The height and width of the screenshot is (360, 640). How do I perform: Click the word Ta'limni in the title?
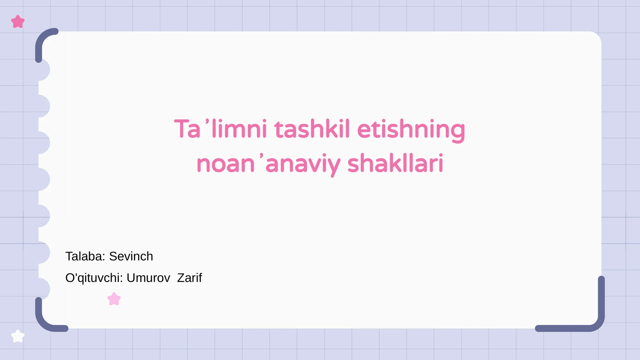coord(220,129)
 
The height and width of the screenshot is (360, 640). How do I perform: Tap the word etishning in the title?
coord(411,130)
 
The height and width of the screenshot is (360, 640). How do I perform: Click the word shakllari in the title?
coord(395,164)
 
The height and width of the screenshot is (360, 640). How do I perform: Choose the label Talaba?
coord(85,256)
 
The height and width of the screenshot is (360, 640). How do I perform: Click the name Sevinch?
coord(131,256)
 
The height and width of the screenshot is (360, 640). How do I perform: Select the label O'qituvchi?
coord(94,278)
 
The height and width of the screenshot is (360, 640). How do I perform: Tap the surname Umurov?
coord(148,278)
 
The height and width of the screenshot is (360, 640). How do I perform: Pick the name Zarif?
coord(190,278)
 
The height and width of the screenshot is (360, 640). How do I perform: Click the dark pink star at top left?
coord(18,22)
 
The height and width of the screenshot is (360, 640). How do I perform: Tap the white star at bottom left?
coord(18,336)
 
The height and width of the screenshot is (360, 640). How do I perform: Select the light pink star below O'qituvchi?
coord(114,299)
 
